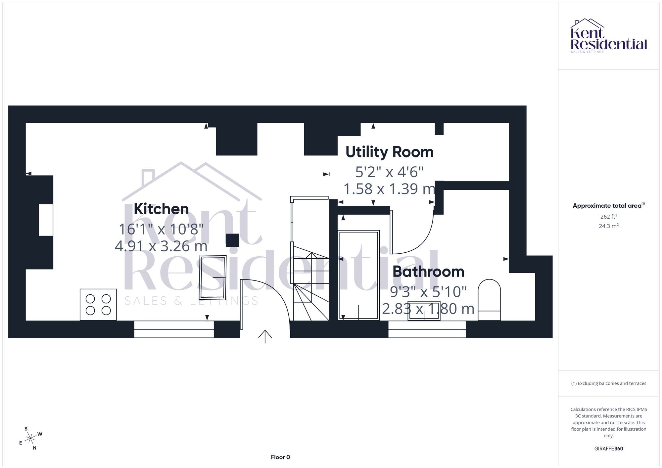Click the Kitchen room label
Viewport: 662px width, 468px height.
(x=161, y=209)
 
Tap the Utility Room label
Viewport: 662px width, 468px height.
(x=390, y=152)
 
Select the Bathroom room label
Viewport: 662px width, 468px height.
(x=428, y=272)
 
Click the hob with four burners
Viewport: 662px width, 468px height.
(x=98, y=305)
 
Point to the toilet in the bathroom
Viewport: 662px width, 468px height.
(x=489, y=300)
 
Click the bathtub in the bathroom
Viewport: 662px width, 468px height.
(x=359, y=276)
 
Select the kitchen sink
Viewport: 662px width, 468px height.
(x=213, y=277)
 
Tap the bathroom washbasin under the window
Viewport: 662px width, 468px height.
(x=424, y=311)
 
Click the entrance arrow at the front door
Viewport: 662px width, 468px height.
(x=265, y=337)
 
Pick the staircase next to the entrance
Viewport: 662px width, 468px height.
(x=310, y=258)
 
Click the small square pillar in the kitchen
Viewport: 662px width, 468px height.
(x=232, y=240)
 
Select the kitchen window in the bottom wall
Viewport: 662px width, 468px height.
(x=174, y=329)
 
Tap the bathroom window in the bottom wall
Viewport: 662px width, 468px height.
(x=427, y=329)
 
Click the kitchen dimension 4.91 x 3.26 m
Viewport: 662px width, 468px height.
(x=161, y=246)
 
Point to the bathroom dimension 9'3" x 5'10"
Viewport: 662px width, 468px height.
(x=428, y=292)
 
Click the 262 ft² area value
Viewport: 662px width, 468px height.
(x=609, y=217)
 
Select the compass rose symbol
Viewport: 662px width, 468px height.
(x=30, y=439)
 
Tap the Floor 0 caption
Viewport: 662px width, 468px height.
(x=280, y=457)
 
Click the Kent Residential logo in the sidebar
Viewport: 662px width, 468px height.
(x=609, y=36)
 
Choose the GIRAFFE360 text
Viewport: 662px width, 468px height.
(x=609, y=449)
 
